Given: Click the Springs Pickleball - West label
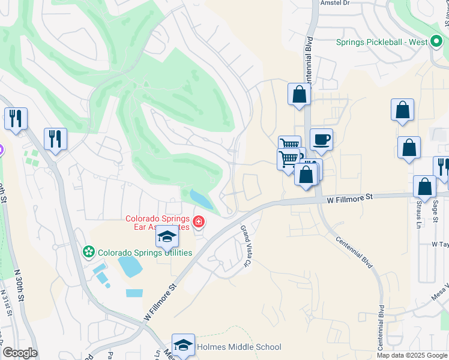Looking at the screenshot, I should [x=381, y=43].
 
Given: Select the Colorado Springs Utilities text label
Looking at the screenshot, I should [x=145, y=253].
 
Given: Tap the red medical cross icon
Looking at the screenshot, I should [x=199, y=224].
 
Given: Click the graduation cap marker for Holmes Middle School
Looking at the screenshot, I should [x=183, y=345].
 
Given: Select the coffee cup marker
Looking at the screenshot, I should [x=321, y=140].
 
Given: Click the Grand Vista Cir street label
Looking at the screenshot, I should [x=246, y=239].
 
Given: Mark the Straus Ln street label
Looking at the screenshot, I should [x=418, y=215].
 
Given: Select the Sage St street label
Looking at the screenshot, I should [x=436, y=212].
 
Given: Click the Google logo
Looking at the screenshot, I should [x=20, y=353].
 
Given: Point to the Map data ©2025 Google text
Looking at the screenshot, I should [x=412, y=355].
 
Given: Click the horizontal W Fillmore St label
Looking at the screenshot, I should [x=349, y=196].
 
